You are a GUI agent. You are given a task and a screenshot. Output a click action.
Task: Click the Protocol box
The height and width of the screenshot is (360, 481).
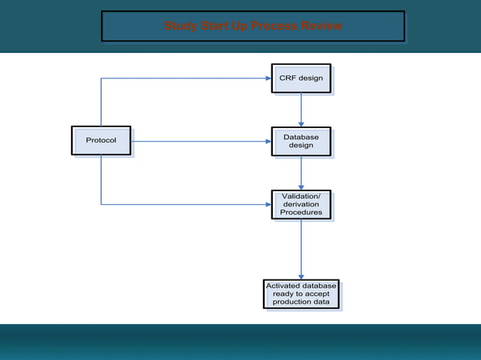coord(101,141)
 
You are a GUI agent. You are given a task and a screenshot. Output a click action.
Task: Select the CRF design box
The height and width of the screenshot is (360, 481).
coord(301,78)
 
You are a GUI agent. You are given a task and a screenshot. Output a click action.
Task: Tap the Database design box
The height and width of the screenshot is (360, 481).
coord(301,141)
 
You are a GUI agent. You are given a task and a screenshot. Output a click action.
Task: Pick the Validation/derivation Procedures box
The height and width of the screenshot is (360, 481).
coord(301,204)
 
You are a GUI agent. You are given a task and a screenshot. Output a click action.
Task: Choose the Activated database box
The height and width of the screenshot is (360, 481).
coord(301,294)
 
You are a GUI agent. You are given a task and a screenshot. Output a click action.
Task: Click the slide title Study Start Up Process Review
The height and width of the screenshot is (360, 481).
coord(253,26)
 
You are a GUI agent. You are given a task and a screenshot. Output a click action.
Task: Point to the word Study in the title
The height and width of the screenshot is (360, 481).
coord(179,26)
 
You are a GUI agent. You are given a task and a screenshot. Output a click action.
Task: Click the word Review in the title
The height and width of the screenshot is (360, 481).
coord(321,26)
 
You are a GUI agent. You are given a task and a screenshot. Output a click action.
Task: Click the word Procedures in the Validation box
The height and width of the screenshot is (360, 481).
coord(301,212)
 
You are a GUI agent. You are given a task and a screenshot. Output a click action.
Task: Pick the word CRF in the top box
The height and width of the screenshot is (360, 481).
coord(288,78)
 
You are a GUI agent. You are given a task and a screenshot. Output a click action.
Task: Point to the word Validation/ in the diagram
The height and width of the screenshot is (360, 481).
coord(301,196)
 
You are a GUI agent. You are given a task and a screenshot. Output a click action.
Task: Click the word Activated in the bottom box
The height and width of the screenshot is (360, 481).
coord(285,285)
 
